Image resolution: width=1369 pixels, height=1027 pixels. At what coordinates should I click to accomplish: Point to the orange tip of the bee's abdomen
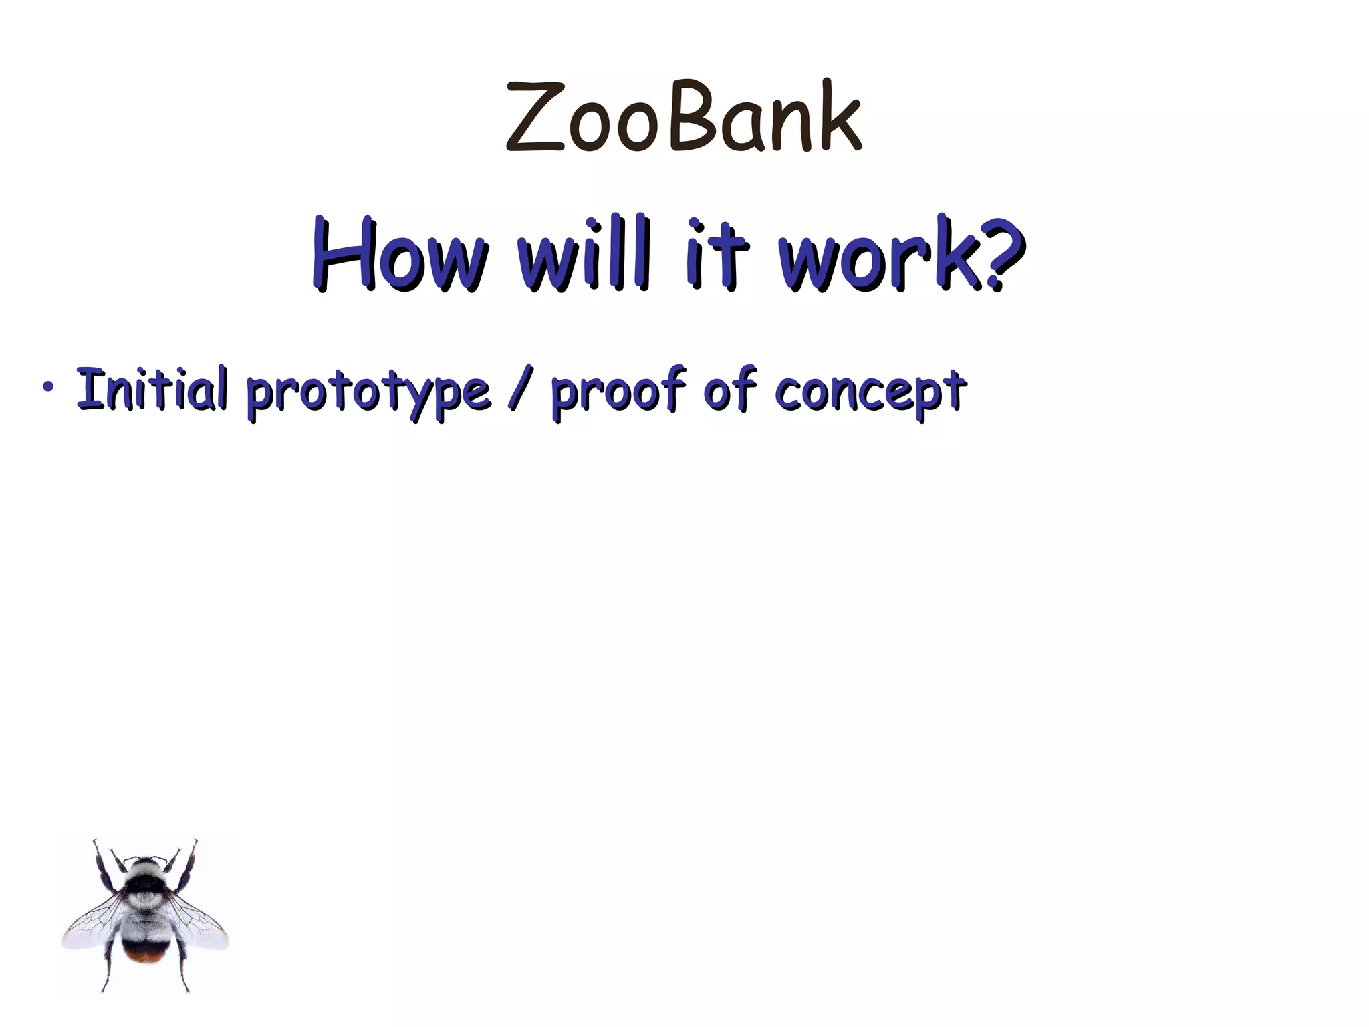point(145,956)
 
